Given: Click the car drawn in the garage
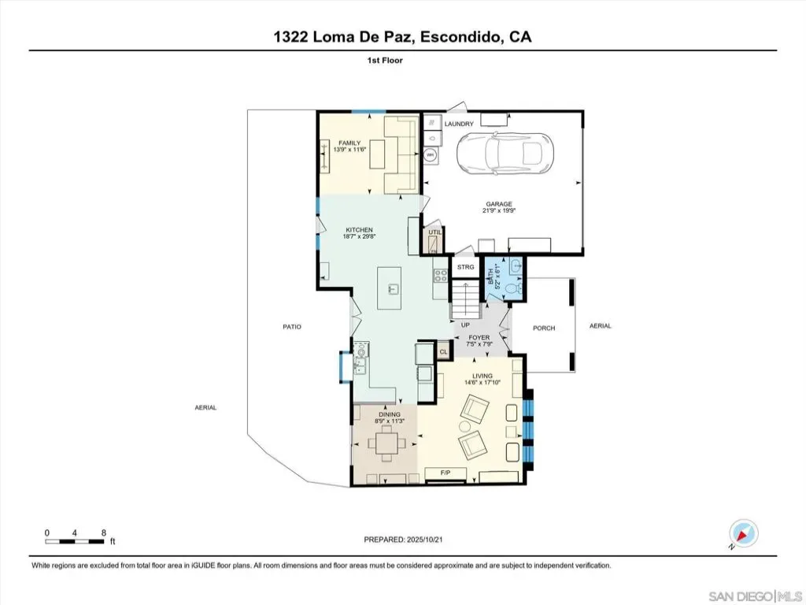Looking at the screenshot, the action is pyautogui.click(x=505, y=153).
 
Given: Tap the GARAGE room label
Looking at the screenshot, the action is pyautogui.click(x=498, y=204).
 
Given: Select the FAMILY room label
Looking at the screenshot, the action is pyautogui.click(x=349, y=143).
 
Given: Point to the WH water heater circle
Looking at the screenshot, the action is pyautogui.click(x=431, y=154).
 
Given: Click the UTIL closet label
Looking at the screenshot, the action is pyautogui.click(x=434, y=232).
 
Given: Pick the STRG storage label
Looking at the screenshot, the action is pyautogui.click(x=466, y=267).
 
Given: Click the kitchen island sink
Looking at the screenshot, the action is pyautogui.click(x=393, y=289).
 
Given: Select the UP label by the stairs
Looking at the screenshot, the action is pyautogui.click(x=465, y=325).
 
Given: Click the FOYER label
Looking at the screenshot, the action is pyautogui.click(x=479, y=338).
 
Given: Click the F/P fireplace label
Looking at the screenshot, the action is pyautogui.click(x=446, y=473).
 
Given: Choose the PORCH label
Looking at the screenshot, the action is pyautogui.click(x=544, y=328).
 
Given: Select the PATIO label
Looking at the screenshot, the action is pyautogui.click(x=292, y=327).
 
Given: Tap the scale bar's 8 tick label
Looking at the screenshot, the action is pyautogui.click(x=104, y=533).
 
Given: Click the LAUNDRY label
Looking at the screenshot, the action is pyautogui.click(x=459, y=124).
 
